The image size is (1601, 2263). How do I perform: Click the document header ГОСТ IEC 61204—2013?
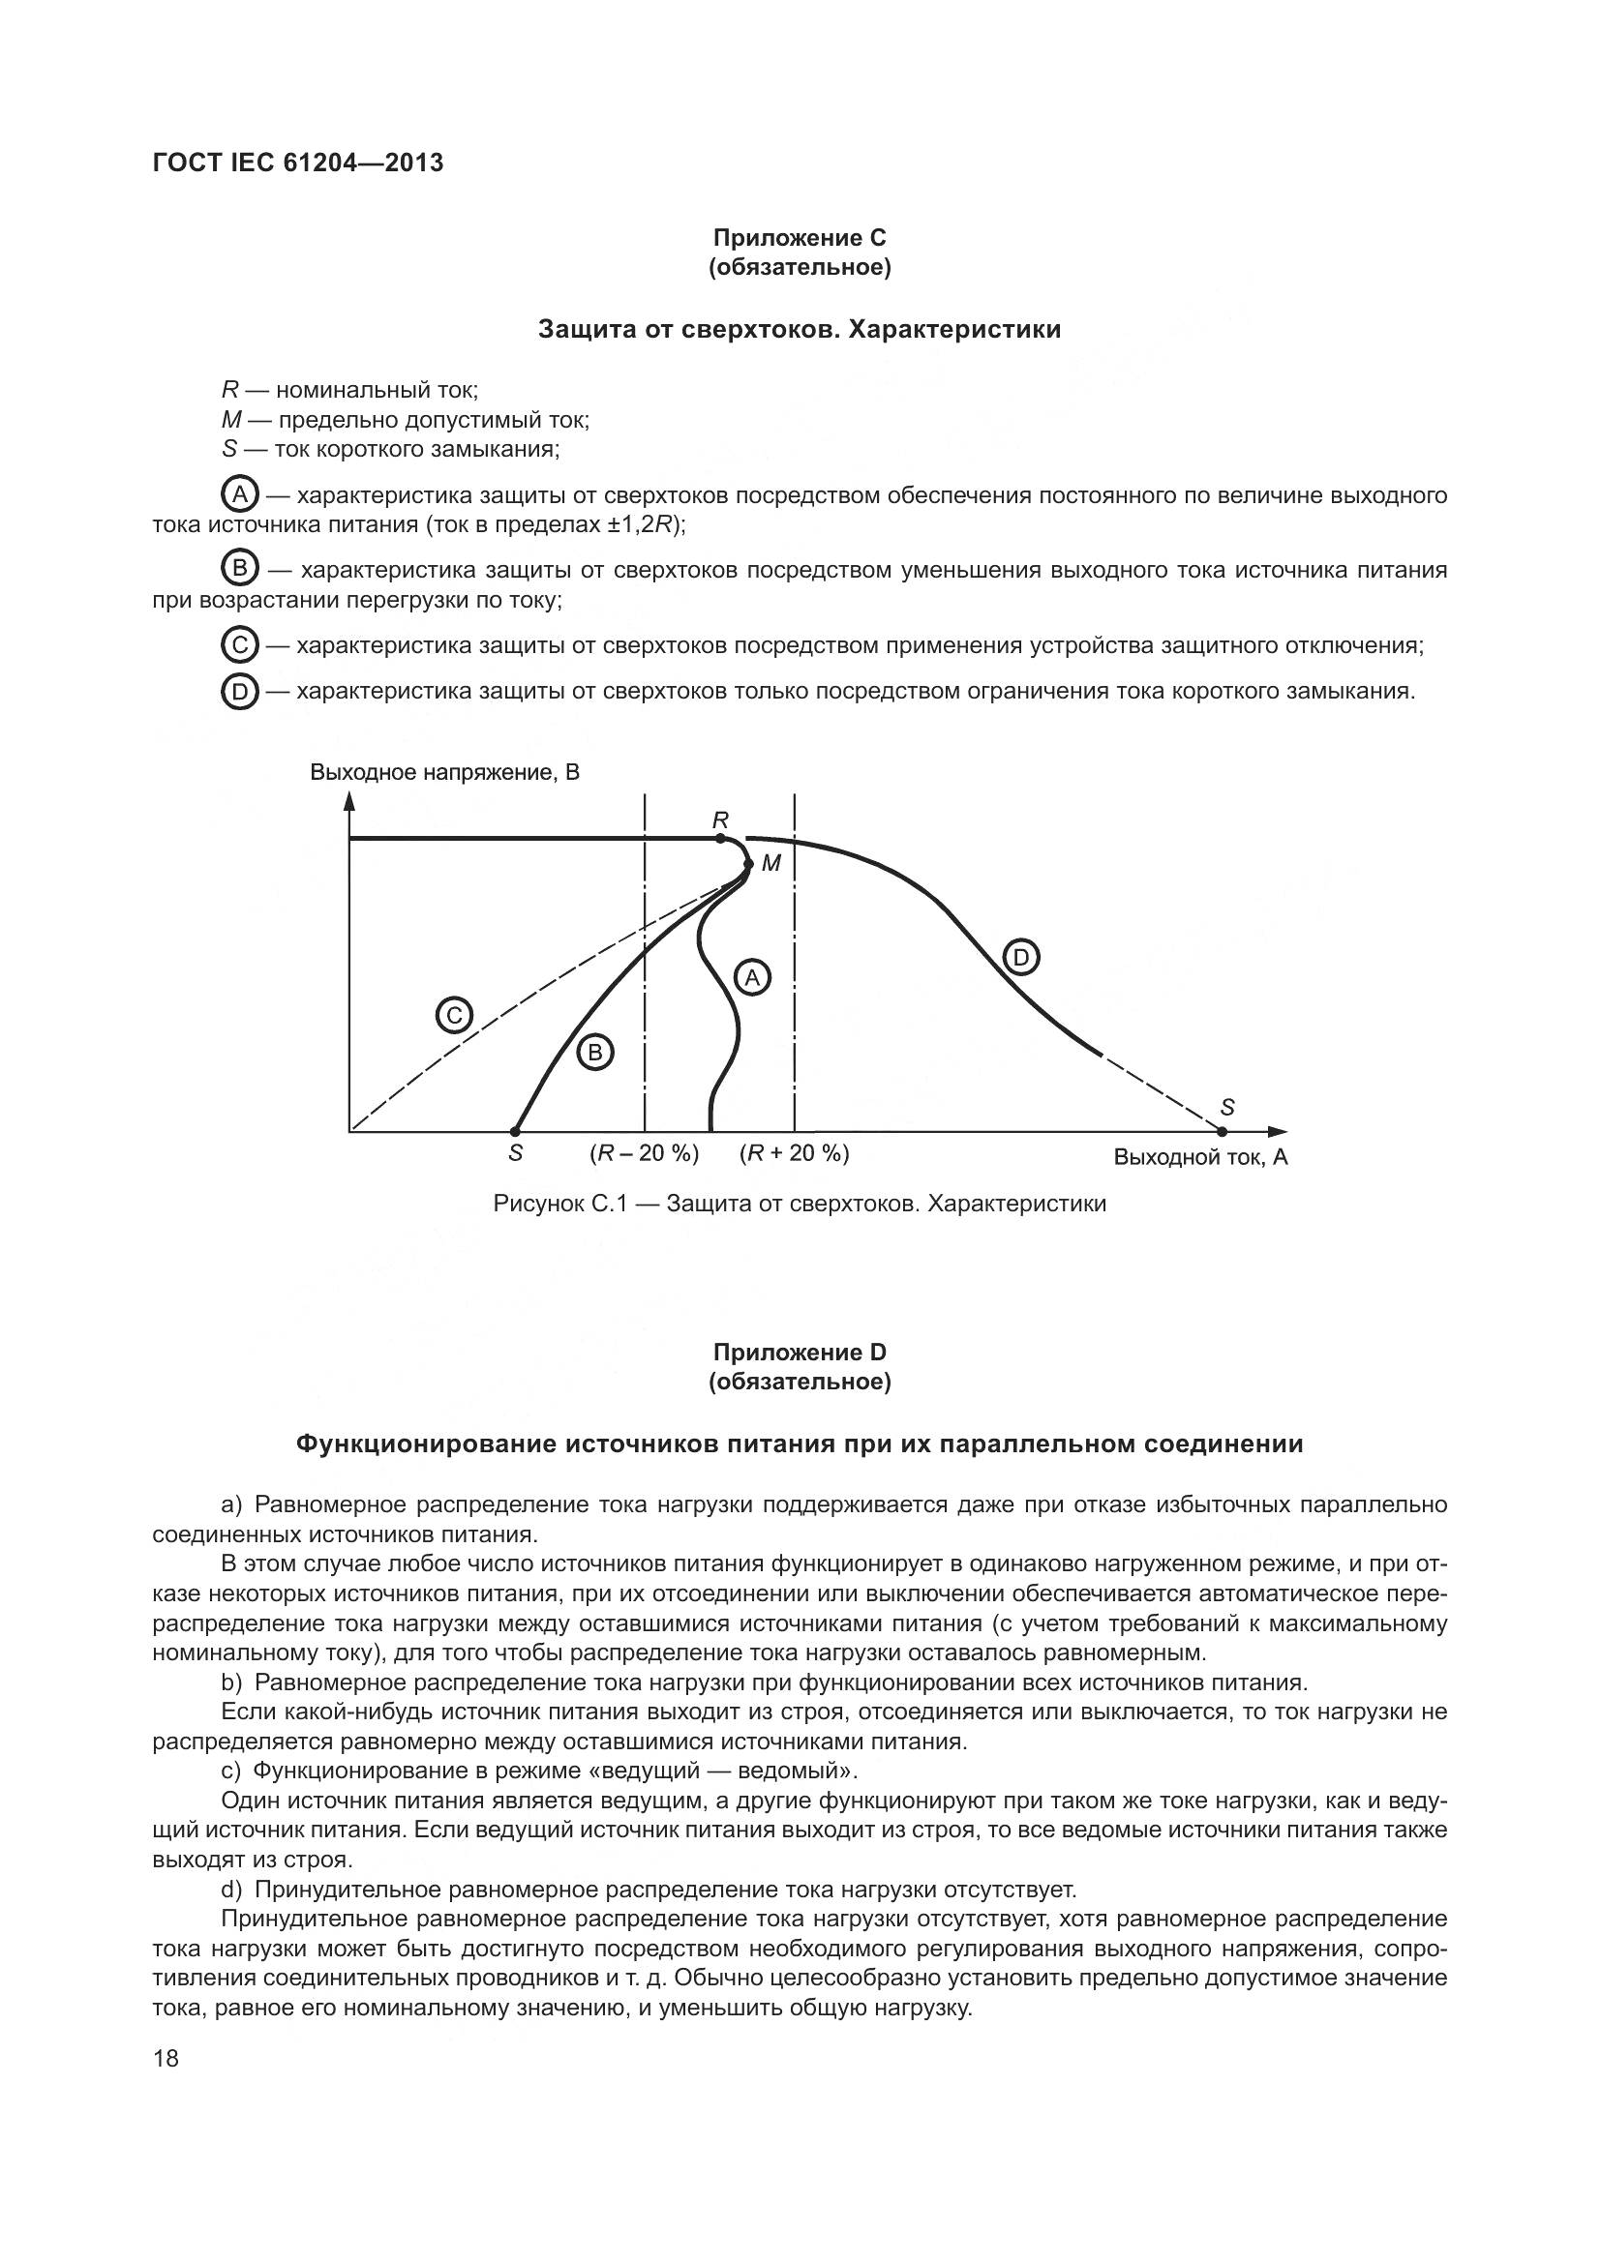click(298, 163)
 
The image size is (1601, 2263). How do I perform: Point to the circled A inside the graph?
click(752, 977)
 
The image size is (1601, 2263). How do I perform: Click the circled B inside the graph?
click(594, 1053)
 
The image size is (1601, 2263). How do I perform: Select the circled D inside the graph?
click(1020, 957)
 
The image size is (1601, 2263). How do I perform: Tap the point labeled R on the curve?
click(721, 838)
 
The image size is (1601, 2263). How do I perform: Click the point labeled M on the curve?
click(748, 863)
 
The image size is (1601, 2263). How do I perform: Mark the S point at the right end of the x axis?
click(1223, 1132)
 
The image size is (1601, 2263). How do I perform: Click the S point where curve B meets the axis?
click(515, 1132)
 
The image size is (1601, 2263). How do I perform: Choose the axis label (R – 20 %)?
click(644, 1153)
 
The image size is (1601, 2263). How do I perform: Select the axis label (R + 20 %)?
click(794, 1153)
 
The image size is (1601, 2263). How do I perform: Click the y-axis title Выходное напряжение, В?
click(444, 772)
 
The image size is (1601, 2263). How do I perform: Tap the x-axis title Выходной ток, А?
click(1199, 1157)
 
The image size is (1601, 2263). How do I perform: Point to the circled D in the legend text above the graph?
click(239, 692)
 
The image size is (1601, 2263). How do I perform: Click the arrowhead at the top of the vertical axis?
click(349, 800)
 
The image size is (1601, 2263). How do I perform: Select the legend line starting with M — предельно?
click(406, 420)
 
